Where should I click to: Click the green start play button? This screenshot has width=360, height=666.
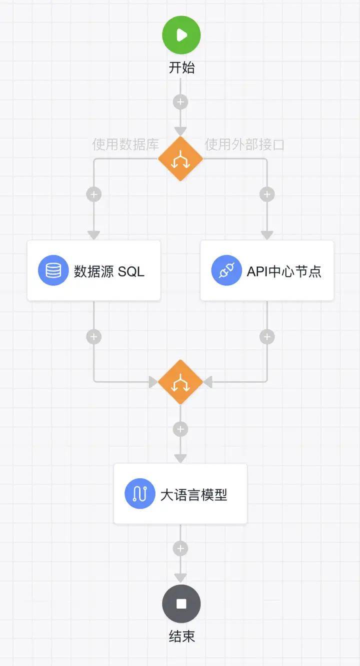point(181,35)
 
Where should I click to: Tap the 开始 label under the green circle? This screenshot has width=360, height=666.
point(181,67)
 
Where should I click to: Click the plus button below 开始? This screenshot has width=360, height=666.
point(180,102)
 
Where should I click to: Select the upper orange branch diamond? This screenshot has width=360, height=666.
point(180,159)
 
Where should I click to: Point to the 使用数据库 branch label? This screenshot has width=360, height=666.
point(125,145)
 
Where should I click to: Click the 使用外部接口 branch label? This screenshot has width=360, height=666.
point(244,145)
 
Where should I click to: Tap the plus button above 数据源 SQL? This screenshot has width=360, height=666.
point(94,194)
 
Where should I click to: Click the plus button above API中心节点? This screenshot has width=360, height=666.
point(267,194)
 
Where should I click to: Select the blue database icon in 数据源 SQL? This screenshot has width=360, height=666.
point(53,270)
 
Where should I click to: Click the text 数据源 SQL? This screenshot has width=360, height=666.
point(109,271)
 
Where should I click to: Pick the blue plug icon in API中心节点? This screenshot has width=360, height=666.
point(226,270)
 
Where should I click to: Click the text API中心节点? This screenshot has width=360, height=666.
point(284,271)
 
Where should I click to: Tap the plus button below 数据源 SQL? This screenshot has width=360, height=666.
point(94,336)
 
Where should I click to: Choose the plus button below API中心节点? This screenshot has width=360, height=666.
point(267,336)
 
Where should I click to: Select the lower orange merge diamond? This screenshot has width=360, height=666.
point(180,382)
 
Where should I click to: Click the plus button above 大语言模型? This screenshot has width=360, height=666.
point(180,429)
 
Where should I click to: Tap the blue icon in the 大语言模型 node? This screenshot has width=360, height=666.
point(139,494)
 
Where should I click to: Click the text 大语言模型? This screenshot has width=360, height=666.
point(194,494)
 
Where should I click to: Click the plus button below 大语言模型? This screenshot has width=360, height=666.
point(180,548)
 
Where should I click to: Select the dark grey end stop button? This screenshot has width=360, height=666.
point(181,603)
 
